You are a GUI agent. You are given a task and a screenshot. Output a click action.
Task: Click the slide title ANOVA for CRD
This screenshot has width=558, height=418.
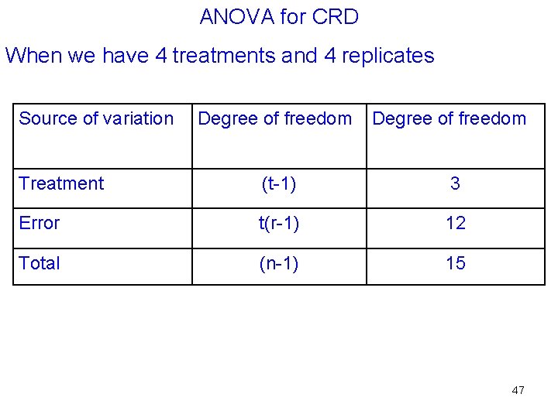coord(279,17)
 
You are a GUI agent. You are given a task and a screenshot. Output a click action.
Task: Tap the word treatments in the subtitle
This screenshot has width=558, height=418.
coord(214,56)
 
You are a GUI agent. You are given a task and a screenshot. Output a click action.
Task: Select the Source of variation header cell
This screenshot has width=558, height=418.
coord(96,118)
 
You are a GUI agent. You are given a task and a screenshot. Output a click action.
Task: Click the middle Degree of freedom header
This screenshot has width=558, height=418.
coord(274,118)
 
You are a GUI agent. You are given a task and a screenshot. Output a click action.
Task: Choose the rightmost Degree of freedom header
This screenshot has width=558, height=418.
coord(449,118)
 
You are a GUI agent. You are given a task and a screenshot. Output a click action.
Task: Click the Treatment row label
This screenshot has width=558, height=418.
coord(61,183)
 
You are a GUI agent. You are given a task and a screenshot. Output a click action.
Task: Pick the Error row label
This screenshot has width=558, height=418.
coord(40,223)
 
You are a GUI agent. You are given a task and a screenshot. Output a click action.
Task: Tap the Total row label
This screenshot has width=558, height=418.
coord(40,263)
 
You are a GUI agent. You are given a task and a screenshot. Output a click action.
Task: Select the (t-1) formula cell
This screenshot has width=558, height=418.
coord(279,183)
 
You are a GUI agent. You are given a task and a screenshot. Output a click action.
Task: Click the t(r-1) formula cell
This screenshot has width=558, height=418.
coord(279,223)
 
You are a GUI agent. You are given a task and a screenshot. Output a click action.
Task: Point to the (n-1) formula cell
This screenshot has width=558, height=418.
coord(279,263)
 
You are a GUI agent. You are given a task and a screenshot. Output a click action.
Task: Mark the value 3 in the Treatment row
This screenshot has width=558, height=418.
coord(455,183)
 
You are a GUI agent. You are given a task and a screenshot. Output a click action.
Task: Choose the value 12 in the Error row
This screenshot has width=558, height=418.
coord(455,223)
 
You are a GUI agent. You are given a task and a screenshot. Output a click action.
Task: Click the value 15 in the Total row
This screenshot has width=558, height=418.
coord(455,263)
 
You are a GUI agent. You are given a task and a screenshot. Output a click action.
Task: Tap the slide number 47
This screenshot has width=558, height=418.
coord(518,390)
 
